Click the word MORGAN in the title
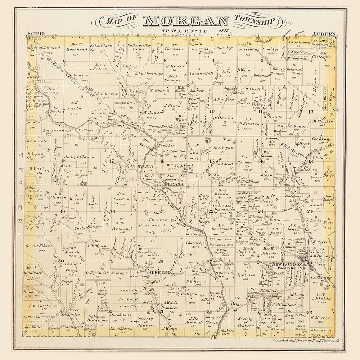[186, 21]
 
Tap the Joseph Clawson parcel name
[80, 157]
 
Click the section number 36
[309, 312]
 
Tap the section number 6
[64, 61]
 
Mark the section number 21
[162, 211]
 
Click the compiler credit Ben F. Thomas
[308, 341]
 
